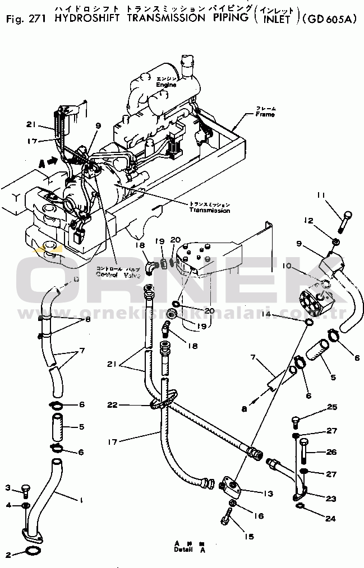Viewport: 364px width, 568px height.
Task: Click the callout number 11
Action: (320, 195)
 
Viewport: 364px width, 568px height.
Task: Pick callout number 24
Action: (331, 519)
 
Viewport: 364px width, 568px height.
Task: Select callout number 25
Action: (333, 407)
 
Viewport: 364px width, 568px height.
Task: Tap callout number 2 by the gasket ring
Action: (8, 555)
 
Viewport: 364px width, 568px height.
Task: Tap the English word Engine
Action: (166, 85)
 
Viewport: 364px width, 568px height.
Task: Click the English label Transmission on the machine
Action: (209, 210)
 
